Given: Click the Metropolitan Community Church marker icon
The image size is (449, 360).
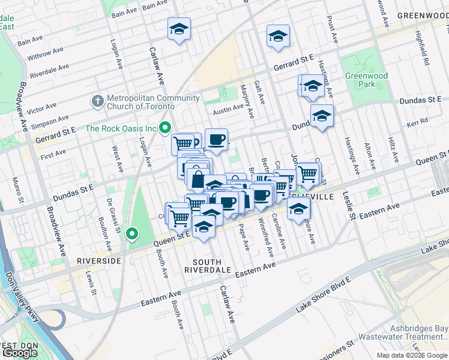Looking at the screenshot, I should pyautogui.click(x=97, y=102).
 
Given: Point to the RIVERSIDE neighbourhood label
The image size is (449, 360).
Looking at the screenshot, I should pyautogui.click(x=99, y=261).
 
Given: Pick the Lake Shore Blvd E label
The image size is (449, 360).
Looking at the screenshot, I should pyautogui.click(x=324, y=298).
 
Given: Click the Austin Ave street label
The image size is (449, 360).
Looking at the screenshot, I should pyautogui.click(x=228, y=109).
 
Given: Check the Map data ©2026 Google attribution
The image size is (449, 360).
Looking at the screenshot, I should pyautogui.click(x=412, y=355).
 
